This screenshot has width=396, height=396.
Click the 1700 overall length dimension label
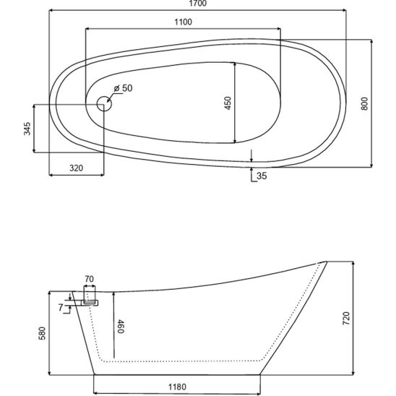click(197, 4)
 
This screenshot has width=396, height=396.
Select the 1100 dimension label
click(183, 22)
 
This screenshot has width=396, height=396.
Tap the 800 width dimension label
click(364, 103)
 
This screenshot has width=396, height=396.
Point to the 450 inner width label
click(228, 103)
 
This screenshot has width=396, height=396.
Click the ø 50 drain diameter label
click(123, 88)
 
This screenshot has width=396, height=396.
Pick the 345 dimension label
click(27, 129)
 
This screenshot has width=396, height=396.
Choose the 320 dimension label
click(76, 168)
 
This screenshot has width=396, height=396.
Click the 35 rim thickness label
click(262, 176)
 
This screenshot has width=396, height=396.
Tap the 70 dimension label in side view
click(89, 279)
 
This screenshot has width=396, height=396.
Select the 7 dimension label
click(61, 308)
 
